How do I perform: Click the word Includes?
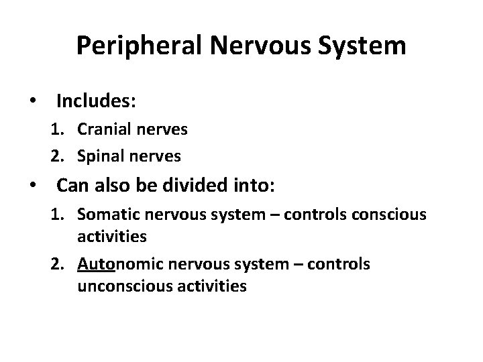(x=97, y=101)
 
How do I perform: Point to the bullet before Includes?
(x=32, y=102)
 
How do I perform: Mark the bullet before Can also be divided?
(x=32, y=184)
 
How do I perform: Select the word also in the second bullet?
(x=103, y=184)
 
